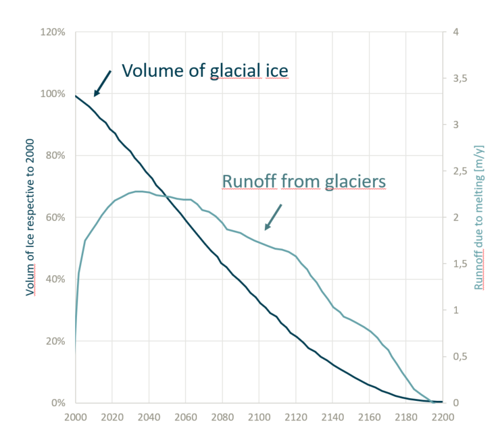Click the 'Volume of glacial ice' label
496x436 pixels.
pos(205,71)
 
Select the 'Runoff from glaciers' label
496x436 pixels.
pos(303,181)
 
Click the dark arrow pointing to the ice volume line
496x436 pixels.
pos(102,83)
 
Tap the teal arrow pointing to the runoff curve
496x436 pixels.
pos(273,217)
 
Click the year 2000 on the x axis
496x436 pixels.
pos(75,416)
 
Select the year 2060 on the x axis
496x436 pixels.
pos(185,416)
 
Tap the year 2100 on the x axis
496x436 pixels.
pos(259,416)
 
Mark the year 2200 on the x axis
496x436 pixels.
pos(442,416)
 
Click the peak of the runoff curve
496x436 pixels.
pos(139,191)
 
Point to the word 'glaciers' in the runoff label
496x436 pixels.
pos(353,181)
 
